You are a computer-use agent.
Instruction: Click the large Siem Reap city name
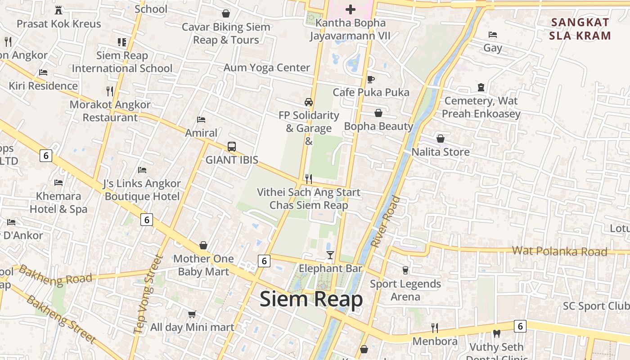pyautogui.click(x=311, y=299)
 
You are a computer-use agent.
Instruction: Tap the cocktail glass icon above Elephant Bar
pyautogui.click(x=330, y=255)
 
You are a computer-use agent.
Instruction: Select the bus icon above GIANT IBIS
pyautogui.click(x=232, y=147)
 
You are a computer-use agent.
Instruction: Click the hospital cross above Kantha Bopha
pyautogui.click(x=351, y=9)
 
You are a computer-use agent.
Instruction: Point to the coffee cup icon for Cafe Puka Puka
pyautogui.click(x=371, y=80)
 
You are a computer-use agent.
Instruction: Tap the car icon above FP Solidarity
pyautogui.click(x=309, y=102)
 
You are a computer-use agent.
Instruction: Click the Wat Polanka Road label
pyautogui.click(x=559, y=251)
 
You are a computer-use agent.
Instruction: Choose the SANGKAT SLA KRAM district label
pyautogui.click(x=580, y=29)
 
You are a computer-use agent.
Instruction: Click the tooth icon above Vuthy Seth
pyautogui.click(x=497, y=334)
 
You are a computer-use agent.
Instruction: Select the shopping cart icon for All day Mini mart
pyautogui.click(x=192, y=314)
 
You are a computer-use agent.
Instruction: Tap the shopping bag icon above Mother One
pyautogui.click(x=203, y=245)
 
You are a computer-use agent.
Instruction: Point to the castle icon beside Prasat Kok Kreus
pyautogui.click(x=58, y=10)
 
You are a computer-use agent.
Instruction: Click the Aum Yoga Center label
pyautogui.click(x=267, y=68)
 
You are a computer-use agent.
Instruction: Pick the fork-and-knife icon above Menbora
pyautogui.click(x=435, y=328)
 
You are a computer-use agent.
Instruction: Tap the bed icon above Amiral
pyautogui.click(x=201, y=120)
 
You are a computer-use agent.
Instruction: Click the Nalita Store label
pyautogui.click(x=441, y=152)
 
